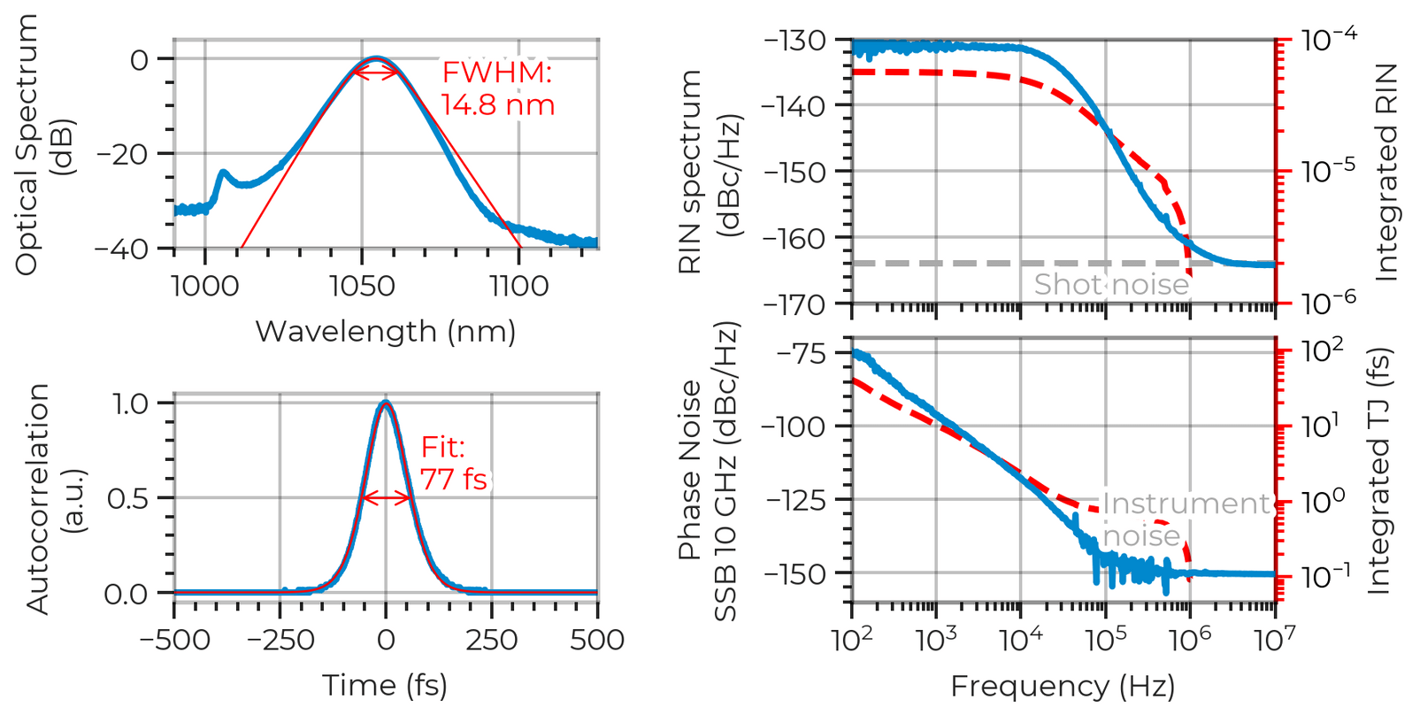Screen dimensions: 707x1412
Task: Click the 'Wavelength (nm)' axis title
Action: [x=387, y=332]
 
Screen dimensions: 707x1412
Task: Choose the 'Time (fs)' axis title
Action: [x=386, y=684]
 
